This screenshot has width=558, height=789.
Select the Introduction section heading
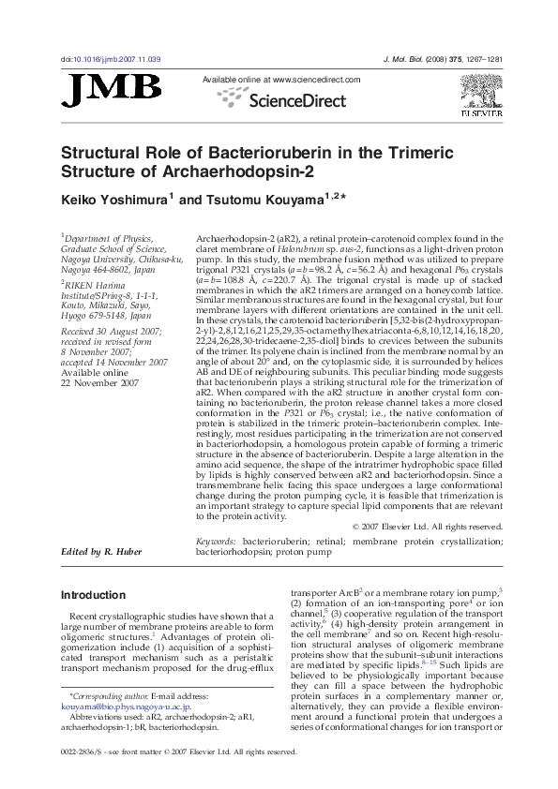pos(92,595)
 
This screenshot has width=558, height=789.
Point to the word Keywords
pos(216,542)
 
